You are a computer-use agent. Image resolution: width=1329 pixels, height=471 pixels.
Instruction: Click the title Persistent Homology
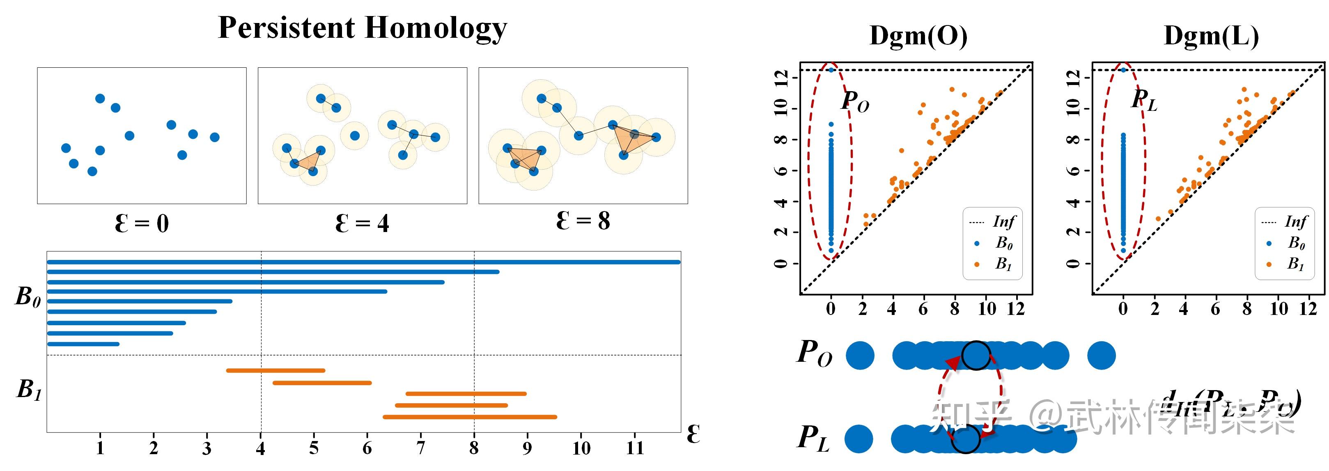click(x=362, y=28)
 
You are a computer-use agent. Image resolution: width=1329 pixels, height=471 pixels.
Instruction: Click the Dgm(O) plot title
click(x=918, y=36)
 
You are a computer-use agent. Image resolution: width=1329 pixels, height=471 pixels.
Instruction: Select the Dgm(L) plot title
click(x=1211, y=36)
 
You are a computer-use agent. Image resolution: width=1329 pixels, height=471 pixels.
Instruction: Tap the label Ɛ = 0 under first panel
click(x=142, y=224)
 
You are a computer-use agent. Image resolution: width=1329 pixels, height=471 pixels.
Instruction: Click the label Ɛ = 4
click(x=362, y=224)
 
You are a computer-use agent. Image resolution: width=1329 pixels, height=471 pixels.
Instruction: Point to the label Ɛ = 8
click(x=583, y=221)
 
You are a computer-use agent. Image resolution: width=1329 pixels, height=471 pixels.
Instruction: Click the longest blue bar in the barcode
click(x=364, y=262)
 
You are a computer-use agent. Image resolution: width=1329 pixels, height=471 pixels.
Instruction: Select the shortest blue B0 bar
click(x=83, y=344)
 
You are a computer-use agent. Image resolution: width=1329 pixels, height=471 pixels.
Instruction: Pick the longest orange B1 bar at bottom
click(x=470, y=417)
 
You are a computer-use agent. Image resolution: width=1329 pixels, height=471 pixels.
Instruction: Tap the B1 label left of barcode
click(x=29, y=390)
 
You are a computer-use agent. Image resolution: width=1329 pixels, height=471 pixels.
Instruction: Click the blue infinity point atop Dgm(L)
click(x=1123, y=70)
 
